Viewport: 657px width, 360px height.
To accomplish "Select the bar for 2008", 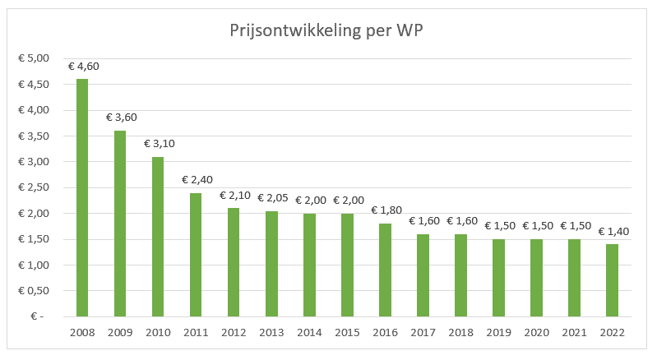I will [82, 197].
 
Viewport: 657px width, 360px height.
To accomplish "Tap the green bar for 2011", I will [196, 254].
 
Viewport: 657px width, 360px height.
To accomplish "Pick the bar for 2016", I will [385, 270].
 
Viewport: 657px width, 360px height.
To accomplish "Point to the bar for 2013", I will [271, 263].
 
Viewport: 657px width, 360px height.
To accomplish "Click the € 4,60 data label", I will [82, 66].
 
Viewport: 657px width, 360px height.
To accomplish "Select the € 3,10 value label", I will [158, 144].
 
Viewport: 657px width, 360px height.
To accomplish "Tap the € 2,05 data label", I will [271, 198].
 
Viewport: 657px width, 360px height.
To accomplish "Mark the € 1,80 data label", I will [385, 210].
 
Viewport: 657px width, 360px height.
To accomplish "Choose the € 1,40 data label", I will [612, 231].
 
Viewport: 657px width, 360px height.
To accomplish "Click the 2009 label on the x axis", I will [120, 332].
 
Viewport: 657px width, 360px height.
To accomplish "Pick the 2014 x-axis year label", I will [309, 332].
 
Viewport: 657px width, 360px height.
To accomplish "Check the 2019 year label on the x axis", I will [498, 332].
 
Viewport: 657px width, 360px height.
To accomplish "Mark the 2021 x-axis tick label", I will [574, 332].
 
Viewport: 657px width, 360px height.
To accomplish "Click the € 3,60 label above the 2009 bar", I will [120, 118].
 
